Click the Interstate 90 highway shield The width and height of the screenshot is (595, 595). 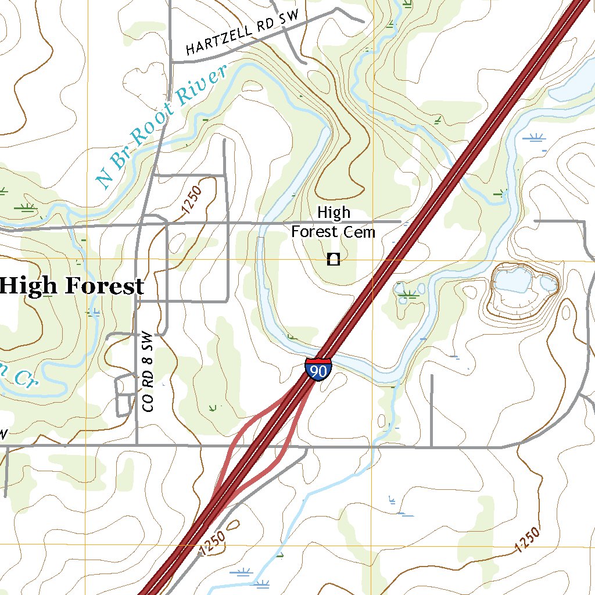click(318, 370)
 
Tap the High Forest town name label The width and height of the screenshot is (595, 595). click(71, 286)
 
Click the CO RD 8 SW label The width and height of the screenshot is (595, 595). click(149, 372)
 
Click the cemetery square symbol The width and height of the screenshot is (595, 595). click(333, 260)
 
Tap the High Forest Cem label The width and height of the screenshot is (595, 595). click(334, 223)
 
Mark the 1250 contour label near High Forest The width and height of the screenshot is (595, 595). click(191, 200)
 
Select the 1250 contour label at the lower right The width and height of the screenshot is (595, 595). click(527, 540)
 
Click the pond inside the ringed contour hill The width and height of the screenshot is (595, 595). click(511, 281)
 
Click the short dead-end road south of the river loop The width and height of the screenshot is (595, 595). click(432, 410)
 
